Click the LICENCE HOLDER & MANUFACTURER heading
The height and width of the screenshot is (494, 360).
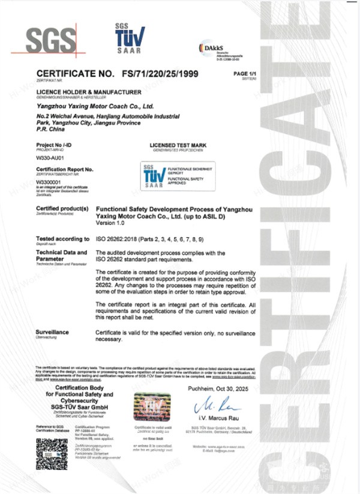(x=89, y=91)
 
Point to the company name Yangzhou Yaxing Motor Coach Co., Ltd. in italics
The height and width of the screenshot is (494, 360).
(x=95, y=105)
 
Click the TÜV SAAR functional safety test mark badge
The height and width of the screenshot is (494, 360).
(x=173, y=176)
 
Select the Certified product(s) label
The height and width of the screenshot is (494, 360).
(x=62, y=207)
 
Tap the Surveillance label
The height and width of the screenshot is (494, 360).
(x=53, y=332)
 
